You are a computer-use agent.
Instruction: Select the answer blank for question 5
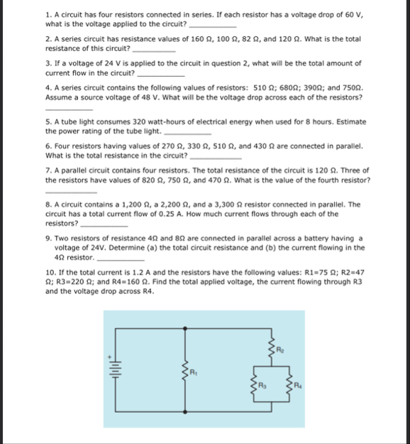(x=187, y=131)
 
